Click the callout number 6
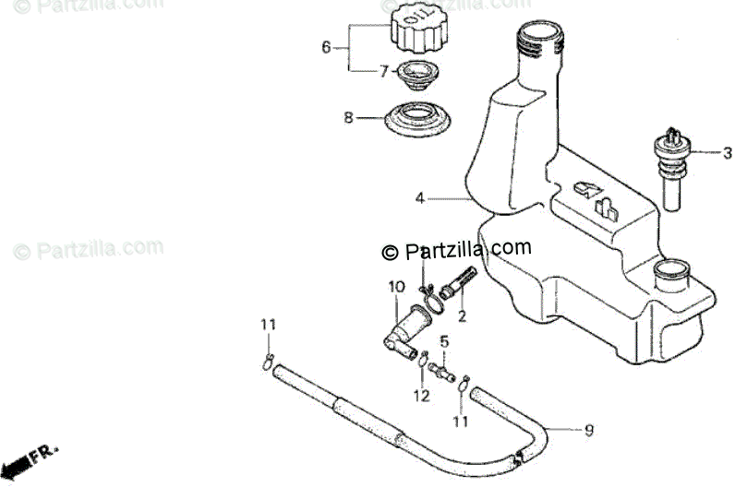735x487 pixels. pos(325,47)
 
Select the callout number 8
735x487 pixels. pos(348,117)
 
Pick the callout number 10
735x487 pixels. pos(394,287)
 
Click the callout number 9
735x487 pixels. pos(588,429)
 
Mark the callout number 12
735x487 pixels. pos(421,397)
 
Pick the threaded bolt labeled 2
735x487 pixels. pos(458,280)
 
